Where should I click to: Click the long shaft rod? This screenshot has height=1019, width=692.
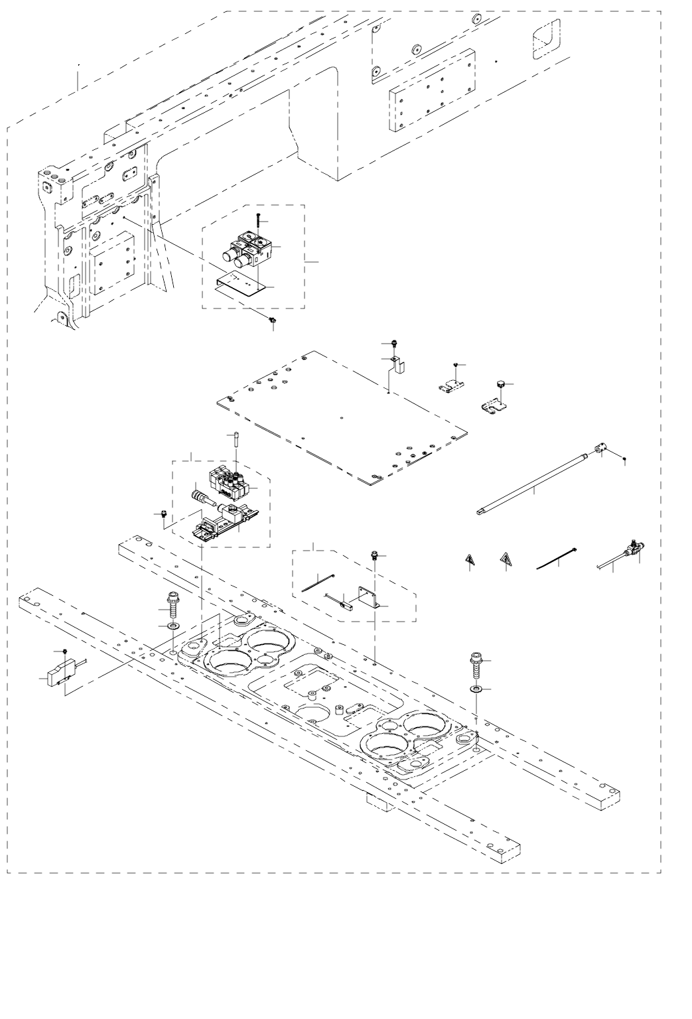[531, 482]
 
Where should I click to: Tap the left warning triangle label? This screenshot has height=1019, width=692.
[468, 561]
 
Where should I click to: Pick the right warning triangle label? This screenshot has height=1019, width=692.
[506, 560]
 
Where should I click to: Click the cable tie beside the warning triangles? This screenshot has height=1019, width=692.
[556, 560]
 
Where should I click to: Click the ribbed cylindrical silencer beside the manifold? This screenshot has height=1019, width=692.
[203, 496]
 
